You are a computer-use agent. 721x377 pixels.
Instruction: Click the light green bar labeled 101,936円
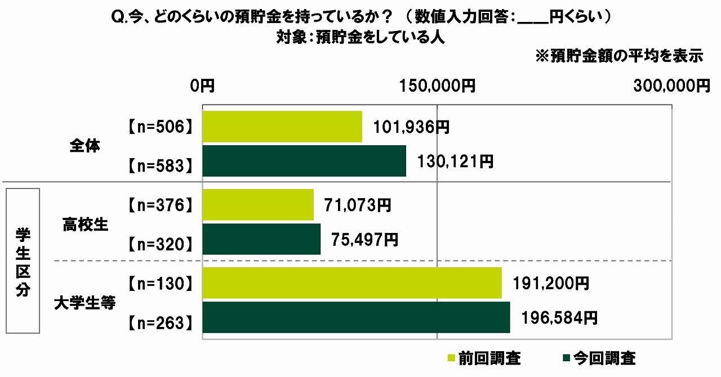point(282,127)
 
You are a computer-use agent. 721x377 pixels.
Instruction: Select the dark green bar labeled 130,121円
point(304,161)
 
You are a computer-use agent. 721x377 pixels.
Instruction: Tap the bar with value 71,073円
point(257,205)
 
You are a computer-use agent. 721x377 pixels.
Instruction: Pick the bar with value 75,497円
point(261,239)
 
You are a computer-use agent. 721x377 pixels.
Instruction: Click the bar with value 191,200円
point(351,283)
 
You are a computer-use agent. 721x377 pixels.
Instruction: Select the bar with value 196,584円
point(356,318)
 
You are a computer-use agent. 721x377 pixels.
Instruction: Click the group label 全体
point(85,146)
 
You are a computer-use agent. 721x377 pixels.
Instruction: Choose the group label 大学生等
point(85,303)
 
